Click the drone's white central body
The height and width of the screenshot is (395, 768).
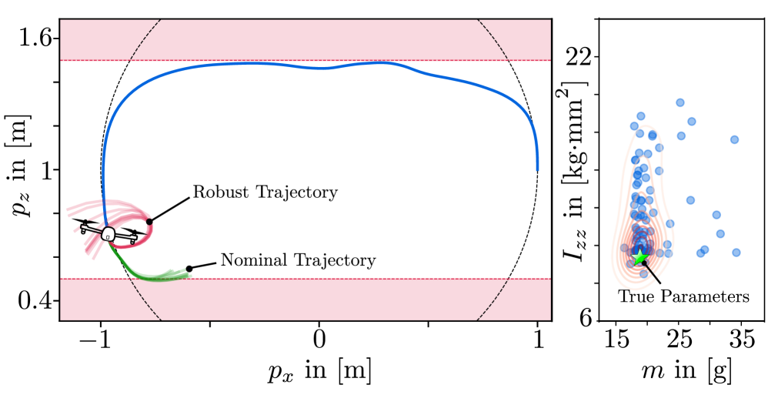[x=108, y=233]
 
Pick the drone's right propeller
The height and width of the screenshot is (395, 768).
[x=135, y=232]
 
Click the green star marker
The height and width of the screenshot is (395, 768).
[x=639, y=257]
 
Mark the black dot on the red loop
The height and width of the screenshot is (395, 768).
[x=149, y=222]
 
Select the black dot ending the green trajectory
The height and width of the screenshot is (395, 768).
[x=189, y=269]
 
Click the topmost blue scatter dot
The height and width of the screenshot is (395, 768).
[x=680, y=102]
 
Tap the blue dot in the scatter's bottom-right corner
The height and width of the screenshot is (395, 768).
[x=736, y=252]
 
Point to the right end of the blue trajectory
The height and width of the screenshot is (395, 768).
[x=537, y=169]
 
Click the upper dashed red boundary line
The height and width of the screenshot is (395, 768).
[x=308, y=60]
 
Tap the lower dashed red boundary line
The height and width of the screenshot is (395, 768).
[x=308, y=279]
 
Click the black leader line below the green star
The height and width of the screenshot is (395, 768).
[x=650, y=269]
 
